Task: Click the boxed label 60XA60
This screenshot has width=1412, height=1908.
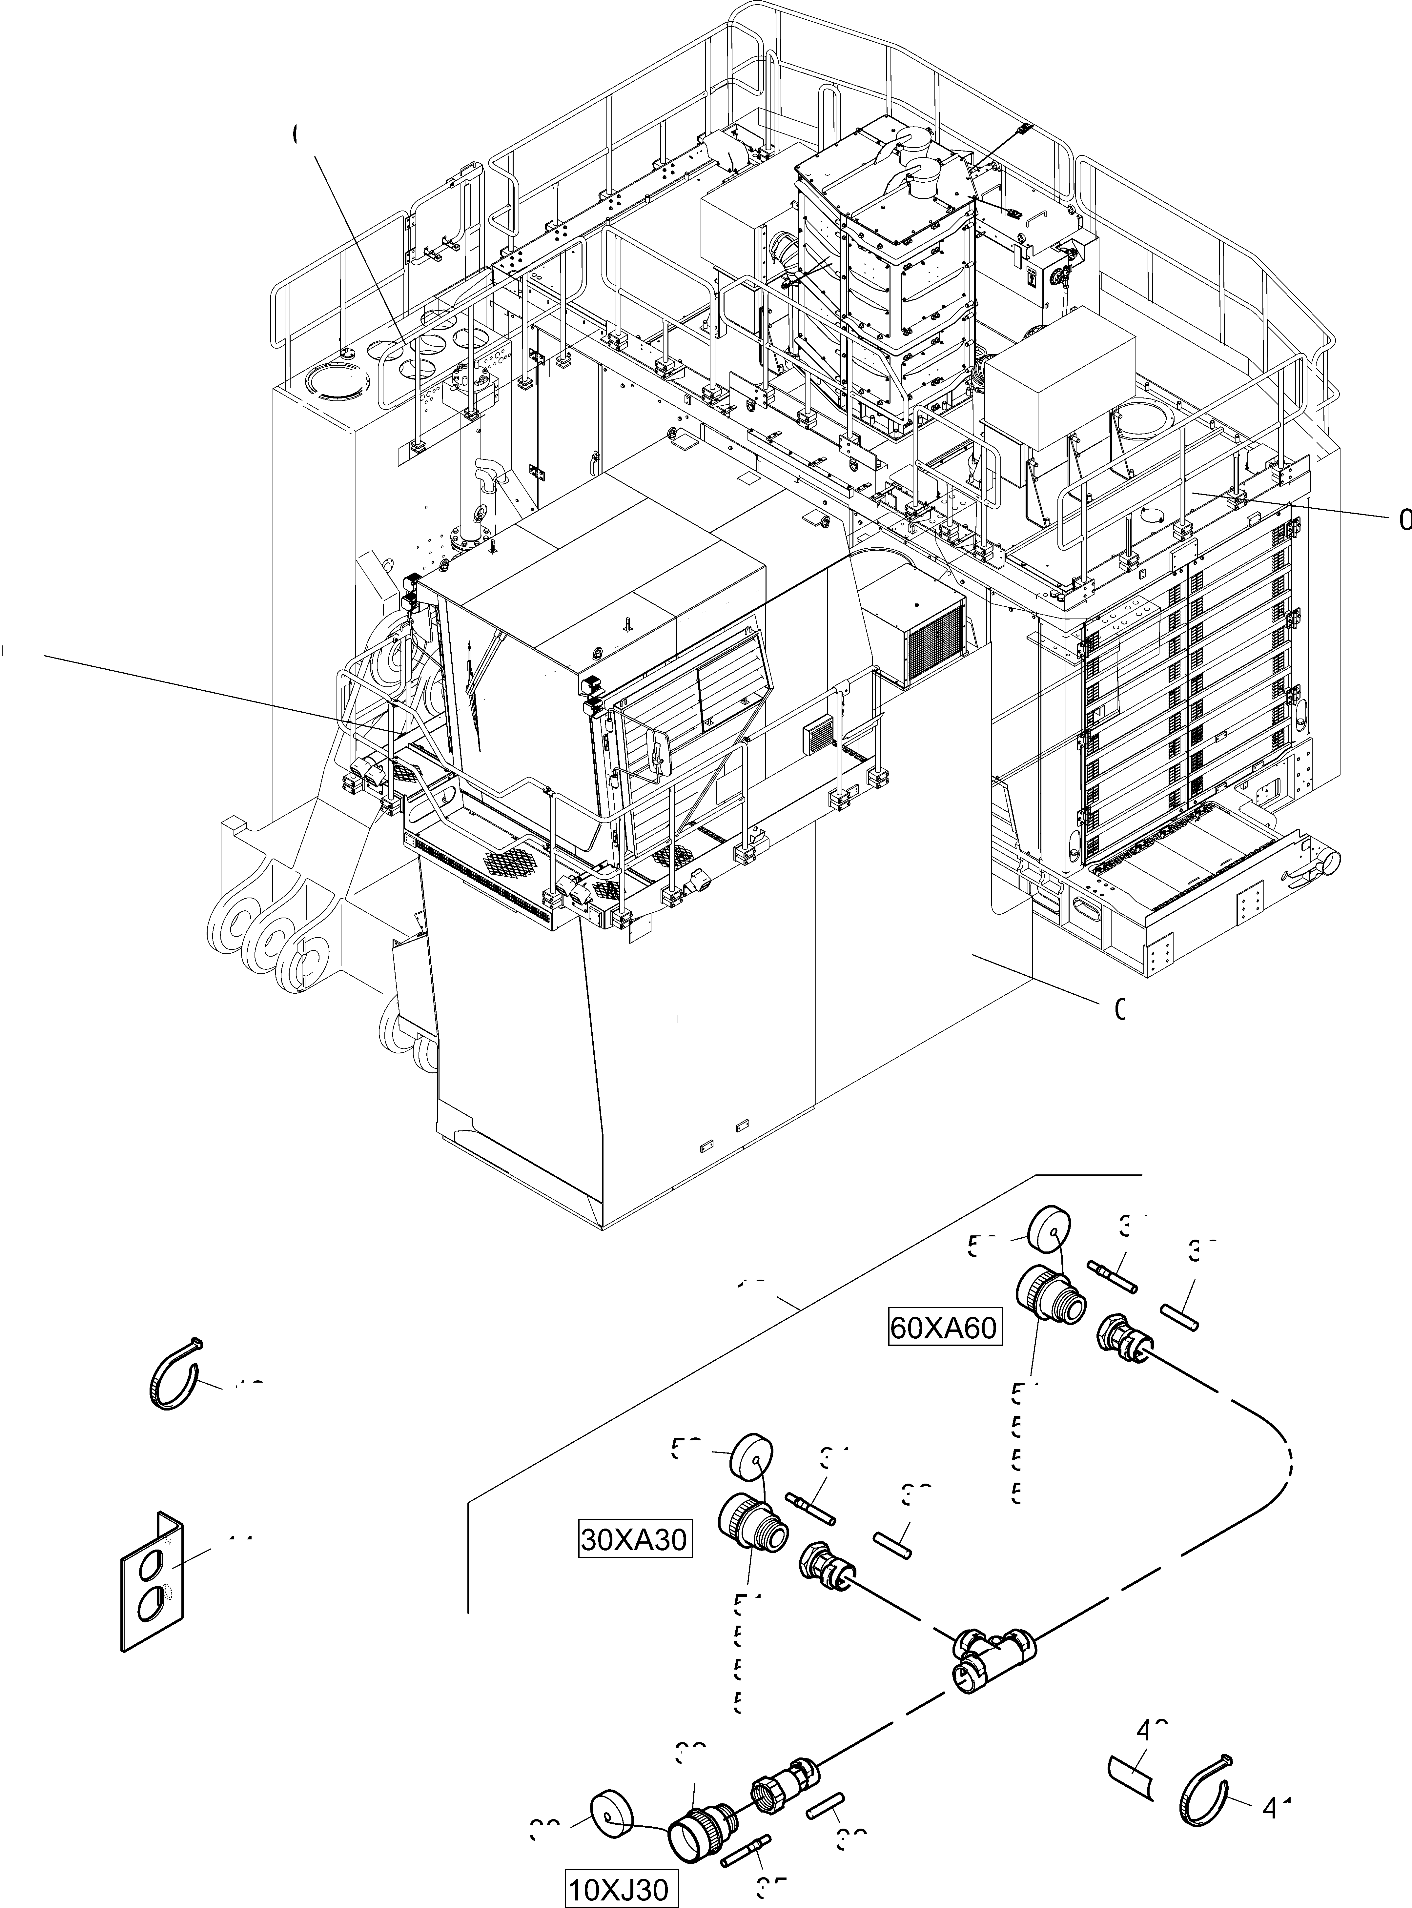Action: click(x=944, y=1328)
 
